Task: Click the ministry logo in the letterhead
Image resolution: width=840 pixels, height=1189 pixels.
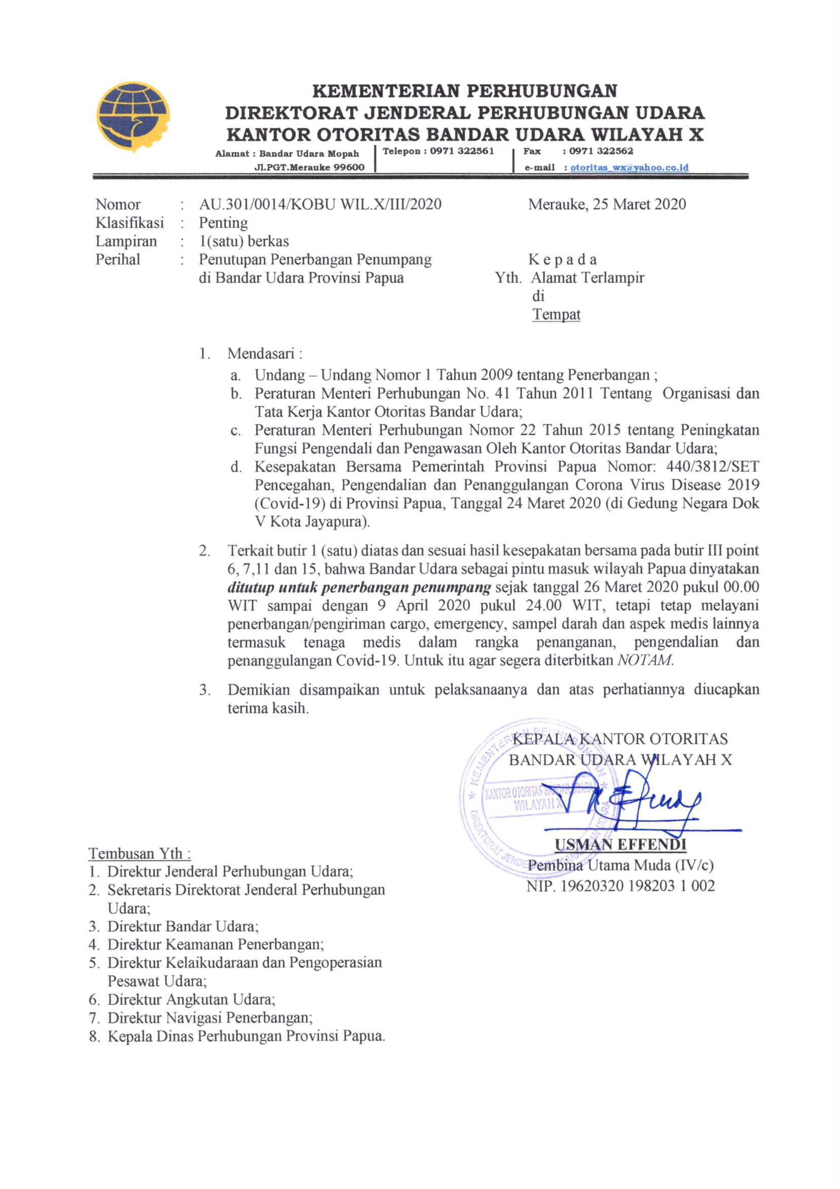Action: pyautogui.click(x=133, y=117)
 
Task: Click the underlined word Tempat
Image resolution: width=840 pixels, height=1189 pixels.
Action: pyautogui.click(x=556, y=314)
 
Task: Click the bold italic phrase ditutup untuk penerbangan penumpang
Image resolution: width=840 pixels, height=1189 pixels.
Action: pyautogui.click(x=359, y=587)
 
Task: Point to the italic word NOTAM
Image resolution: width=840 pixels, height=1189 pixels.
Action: pyautogui.click(x=645, y=660)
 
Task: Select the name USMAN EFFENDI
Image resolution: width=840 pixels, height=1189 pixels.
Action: pyautogui.click(x=620, y=845)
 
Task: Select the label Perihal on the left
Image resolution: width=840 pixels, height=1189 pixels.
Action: pyautogui.click(x=117, y=259)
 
